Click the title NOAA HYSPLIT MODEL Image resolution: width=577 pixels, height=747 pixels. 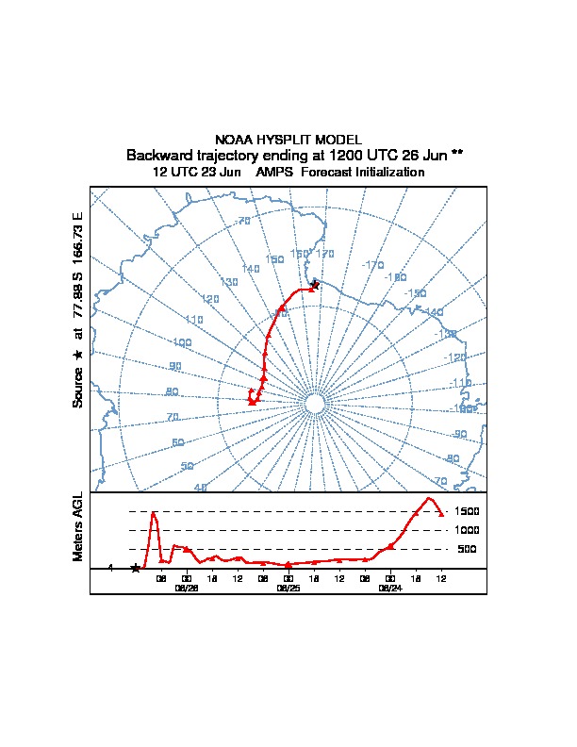pyautogui.click(x=288, y=140)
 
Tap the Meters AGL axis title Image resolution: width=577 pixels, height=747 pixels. pyautogui.click(x=78, y=526)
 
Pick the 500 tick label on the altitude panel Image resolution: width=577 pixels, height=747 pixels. pyautogui.click(x=468, y=549)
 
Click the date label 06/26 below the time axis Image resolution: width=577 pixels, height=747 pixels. pyautogui.click(x=187, y=588)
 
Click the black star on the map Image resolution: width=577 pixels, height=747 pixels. pyautogui.click(x=315, y=284)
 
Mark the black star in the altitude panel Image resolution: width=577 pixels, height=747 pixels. pyautogui.click(x=136, y=568)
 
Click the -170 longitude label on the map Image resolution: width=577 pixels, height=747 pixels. pyautogui.click(x=373, y=265)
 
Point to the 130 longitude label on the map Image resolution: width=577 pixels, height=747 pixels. pyautogui.click(x=229, y=282)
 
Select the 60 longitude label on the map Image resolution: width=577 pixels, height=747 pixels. pyautogui.click(x=178, y=442)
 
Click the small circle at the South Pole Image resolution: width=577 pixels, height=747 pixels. pyautogui.click(x=315, y=404)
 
